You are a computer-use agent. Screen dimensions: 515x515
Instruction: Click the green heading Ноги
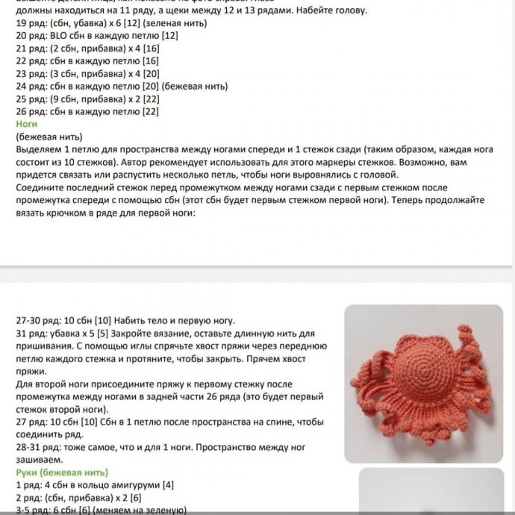tap(26, 124)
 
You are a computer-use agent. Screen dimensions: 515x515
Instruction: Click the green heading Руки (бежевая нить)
tap(61, 472)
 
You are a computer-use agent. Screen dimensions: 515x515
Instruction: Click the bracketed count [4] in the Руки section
tap(169, 485)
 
